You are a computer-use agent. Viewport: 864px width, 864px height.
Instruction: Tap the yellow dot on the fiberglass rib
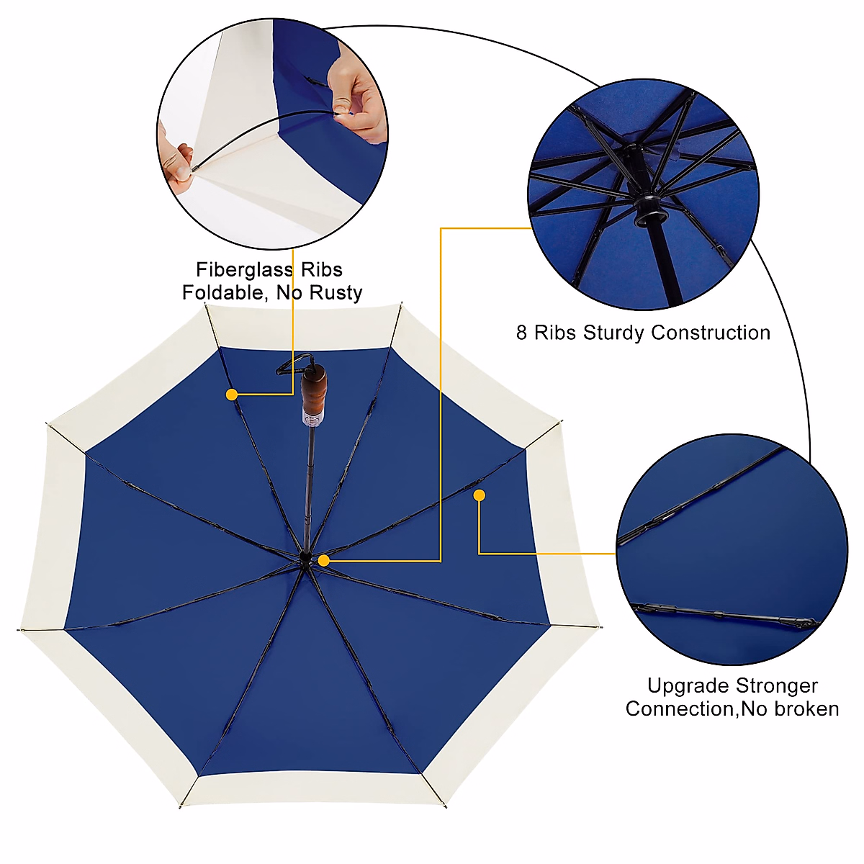point(232,395)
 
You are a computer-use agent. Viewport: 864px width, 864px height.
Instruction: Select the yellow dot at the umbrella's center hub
point(324,560)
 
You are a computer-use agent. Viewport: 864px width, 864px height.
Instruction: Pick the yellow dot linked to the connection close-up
point(479,495)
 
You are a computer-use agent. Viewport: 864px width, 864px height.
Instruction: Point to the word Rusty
point(336,293)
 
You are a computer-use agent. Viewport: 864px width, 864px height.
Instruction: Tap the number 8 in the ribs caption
point(522,333)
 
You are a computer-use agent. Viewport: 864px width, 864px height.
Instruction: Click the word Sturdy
point(614,333)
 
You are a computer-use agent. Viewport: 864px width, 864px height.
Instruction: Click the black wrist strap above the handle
point(292,364)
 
